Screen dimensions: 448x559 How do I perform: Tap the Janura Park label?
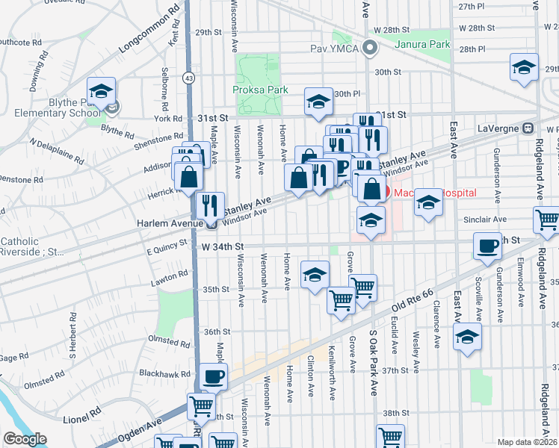[x=429, y=44]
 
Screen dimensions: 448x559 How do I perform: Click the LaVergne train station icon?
[x=528, y=127]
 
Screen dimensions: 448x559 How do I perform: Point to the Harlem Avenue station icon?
[x=211, y=223]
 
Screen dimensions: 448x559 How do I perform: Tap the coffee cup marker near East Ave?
[x=488, y=246]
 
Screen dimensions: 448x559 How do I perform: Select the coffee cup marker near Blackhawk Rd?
[x=214, y=376]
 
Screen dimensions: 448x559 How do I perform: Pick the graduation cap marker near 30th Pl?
[x=318, y=102]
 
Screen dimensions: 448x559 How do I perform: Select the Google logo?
[x=25, y=439]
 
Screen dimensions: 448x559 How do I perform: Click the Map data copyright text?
[x=528, y=442]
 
